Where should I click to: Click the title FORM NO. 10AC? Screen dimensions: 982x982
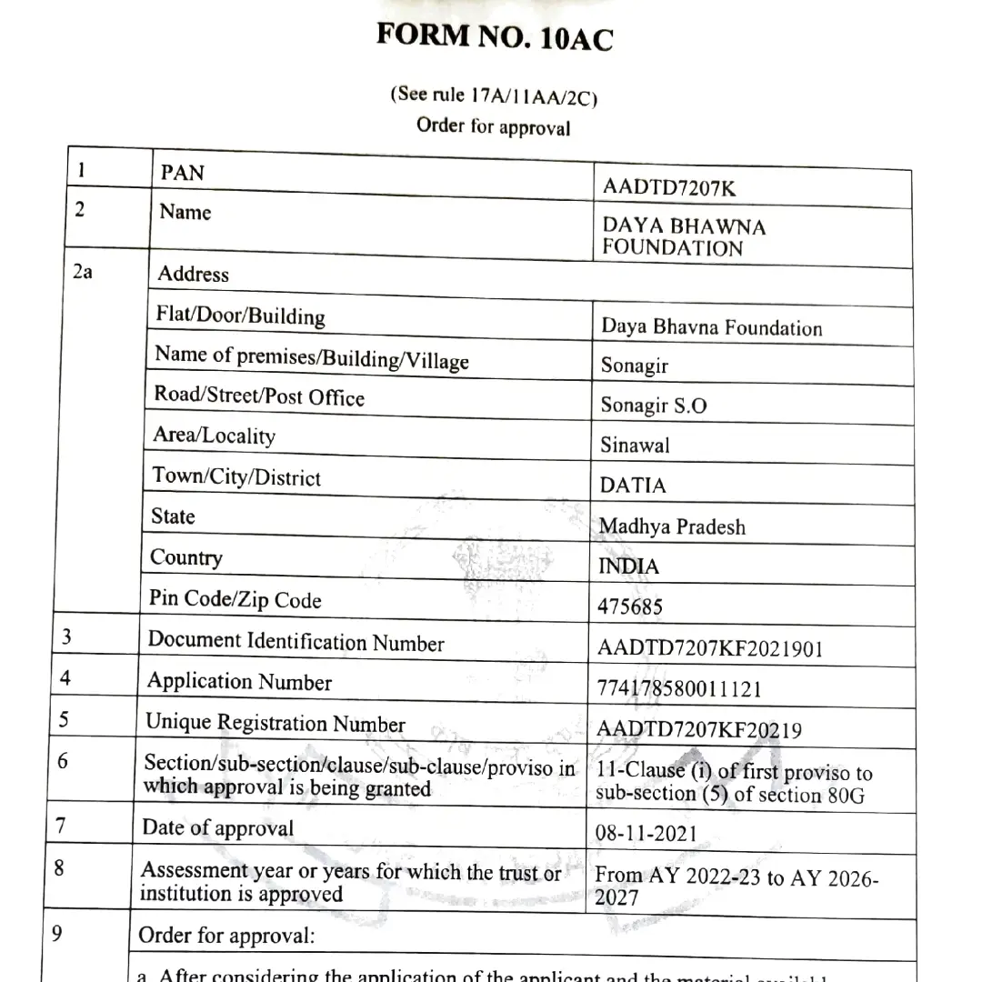(x=495, y=37)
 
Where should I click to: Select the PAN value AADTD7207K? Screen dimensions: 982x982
(x=668, y=188)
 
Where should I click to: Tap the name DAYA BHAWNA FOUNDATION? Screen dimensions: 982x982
(x=683, y=236)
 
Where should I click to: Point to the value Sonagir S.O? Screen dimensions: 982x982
(x=653, y=406)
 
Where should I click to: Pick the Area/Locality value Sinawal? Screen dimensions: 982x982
(x=635, y=446)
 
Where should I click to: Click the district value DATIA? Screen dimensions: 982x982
(x=633, y=486)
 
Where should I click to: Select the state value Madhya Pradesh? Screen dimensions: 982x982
(x=672, y=526)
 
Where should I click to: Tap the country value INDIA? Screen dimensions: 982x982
(x=629, y=566)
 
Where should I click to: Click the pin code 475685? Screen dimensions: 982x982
(x=630, y=606)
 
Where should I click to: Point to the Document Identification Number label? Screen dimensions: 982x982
(x=296, y=641)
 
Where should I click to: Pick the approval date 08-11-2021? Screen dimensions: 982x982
(x=646, y=833)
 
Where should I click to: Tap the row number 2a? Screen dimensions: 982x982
(x=82, y=272)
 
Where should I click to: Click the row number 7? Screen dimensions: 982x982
(x=61, y=827)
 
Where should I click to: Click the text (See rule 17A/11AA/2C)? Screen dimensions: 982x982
(x=495, y=95)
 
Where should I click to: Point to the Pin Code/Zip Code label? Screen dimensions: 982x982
(x=235, y=599)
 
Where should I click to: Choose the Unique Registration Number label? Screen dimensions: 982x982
(x=276, y=724)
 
